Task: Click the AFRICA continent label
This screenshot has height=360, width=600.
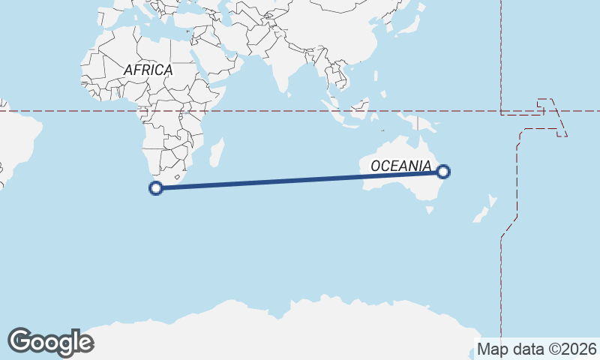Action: click(x=148, y=70)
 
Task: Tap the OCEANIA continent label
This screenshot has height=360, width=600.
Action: click(x=400, y=166)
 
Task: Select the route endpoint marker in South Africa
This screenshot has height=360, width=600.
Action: click(x=156, y=188)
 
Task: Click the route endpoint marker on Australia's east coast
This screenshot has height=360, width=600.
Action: click(x=444, y=172)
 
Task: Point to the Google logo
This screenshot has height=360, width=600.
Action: click(x=51, y=342)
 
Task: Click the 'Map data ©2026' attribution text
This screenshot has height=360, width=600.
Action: click(x=536, y=349)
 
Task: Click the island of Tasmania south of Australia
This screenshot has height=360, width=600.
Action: click(x=429, y=211)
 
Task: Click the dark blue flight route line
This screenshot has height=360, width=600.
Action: click(x=300, y=180)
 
